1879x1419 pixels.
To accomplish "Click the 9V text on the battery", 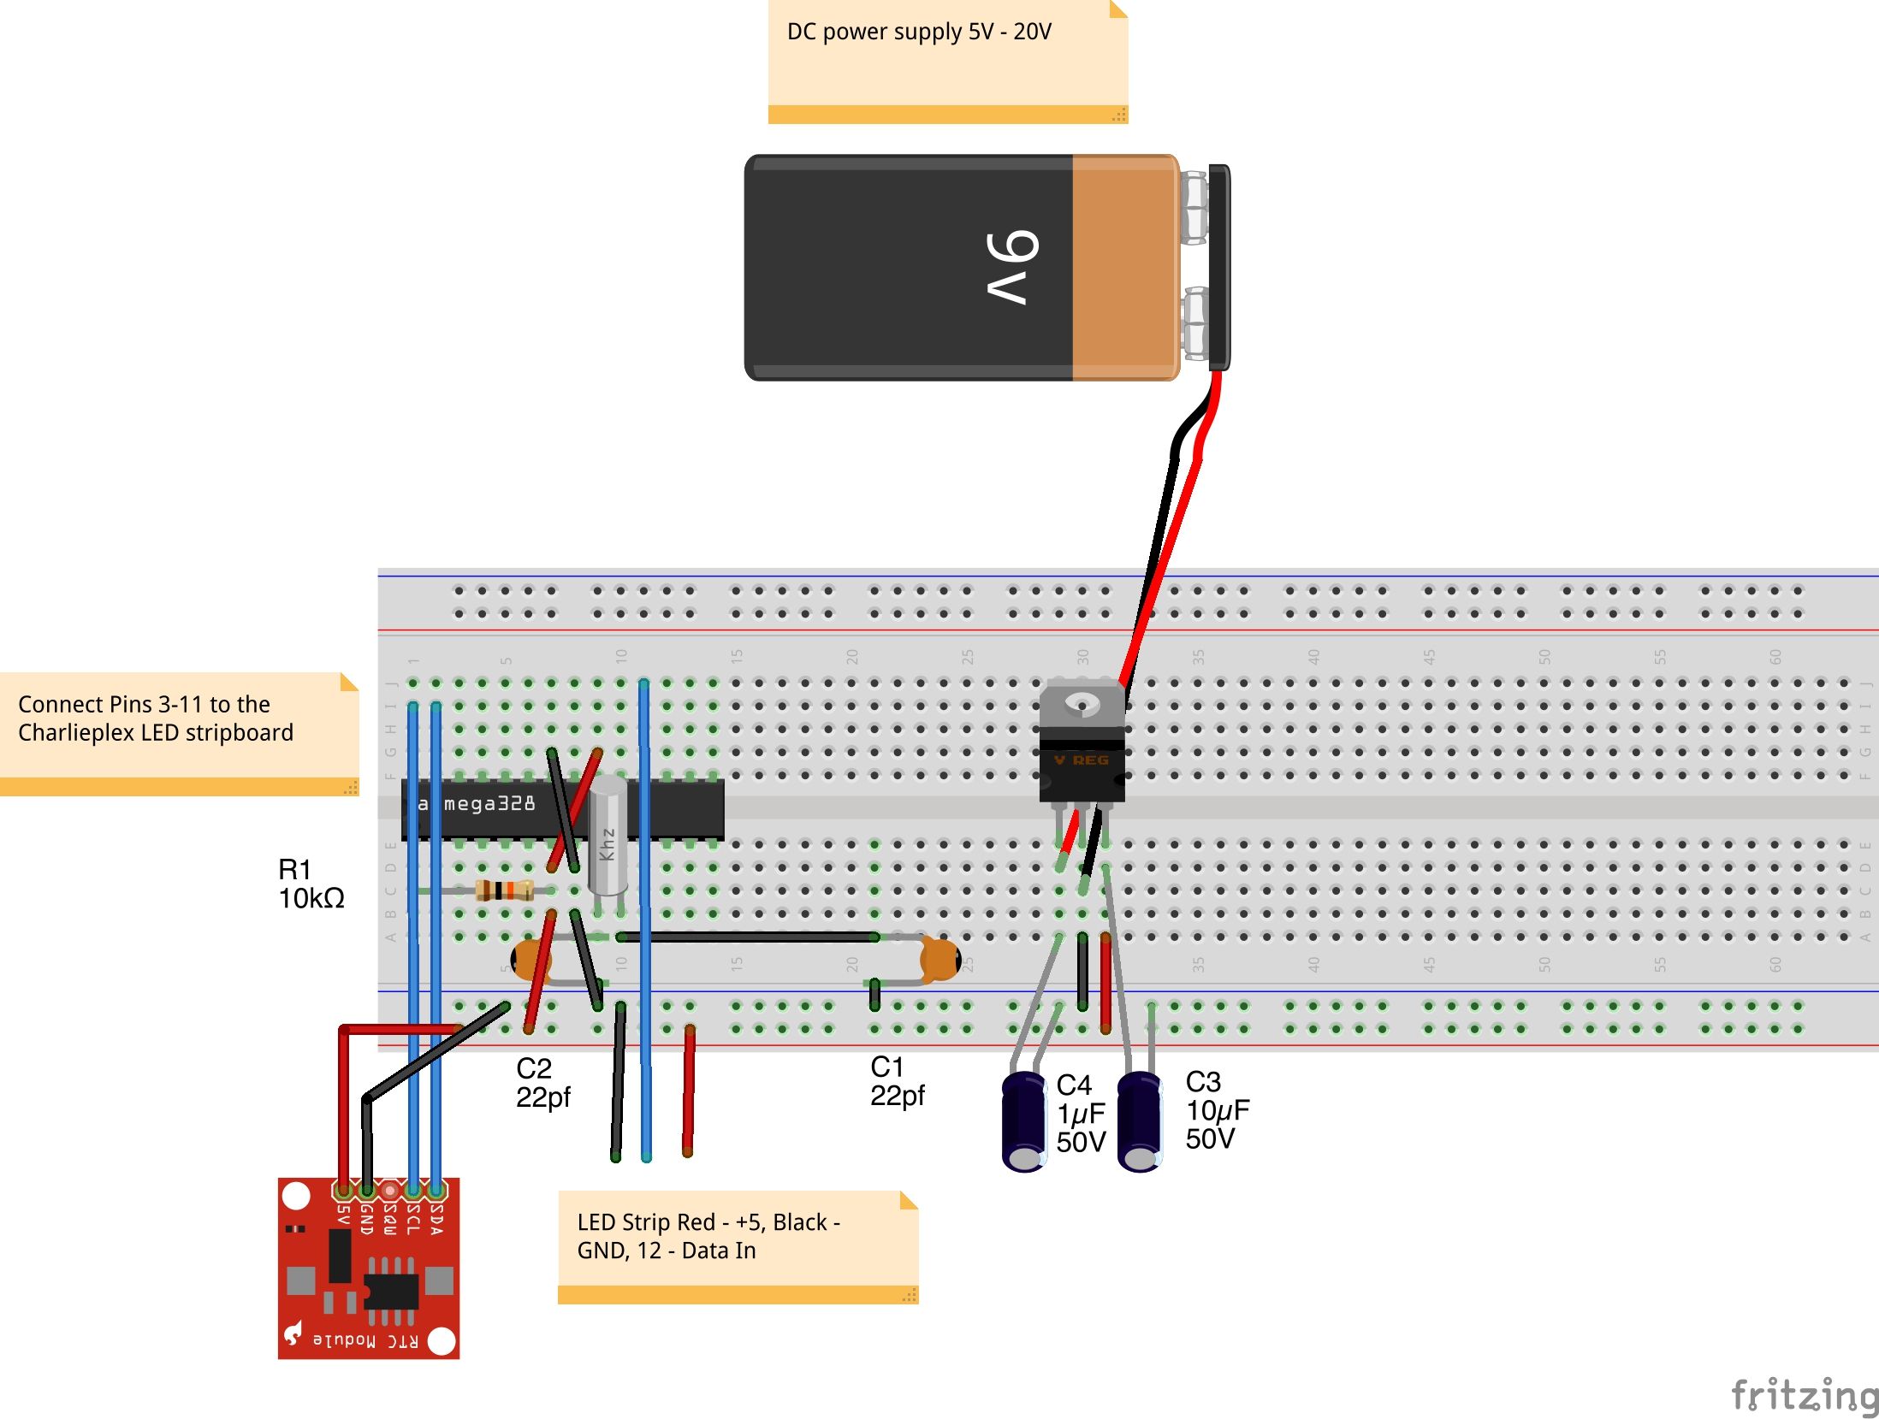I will pyautogui.click(x=1013, y=267).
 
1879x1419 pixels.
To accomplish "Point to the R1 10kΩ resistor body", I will pyautogui.click(x=504, y=890).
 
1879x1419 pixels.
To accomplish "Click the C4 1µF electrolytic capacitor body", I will pyautogui.click(x=1023, y=1120).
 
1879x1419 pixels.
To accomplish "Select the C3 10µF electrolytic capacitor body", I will pyautogui.click(x=1139, y=1120).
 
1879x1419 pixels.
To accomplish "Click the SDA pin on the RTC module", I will pyautogui.click(x=436, y=1190).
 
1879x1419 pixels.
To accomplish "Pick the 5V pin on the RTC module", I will pyautogui.click(x=343, y=1190).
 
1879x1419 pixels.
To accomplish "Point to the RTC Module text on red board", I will pyautogui.click(x=366, y=1340).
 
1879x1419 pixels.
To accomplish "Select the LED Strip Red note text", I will pyautogui.click(x=708, y=1236).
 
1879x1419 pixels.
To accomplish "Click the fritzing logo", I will pyautogui.click(x=1804, y=1395).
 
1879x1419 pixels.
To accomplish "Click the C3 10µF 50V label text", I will pyautogui.click(x=1216, y=1110).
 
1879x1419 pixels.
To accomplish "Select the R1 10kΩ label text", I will pyautogui.click(x=311, y=884).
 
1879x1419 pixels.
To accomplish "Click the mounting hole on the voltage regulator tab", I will pyautogui.click(x=1082, y=705).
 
